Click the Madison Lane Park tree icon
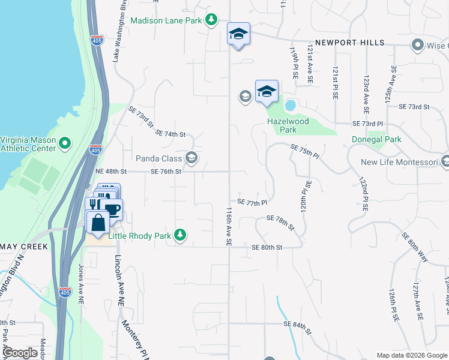[x=211, y=20]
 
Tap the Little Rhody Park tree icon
[x=179, y=234]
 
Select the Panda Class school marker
[x=191, y=158]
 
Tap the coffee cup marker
[x=113, y=209]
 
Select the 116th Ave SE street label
[x=229, y=227]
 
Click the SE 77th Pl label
[x=252, y=203]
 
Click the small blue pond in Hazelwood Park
[x=291, y=106]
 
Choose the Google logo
[x=20, y=353]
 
